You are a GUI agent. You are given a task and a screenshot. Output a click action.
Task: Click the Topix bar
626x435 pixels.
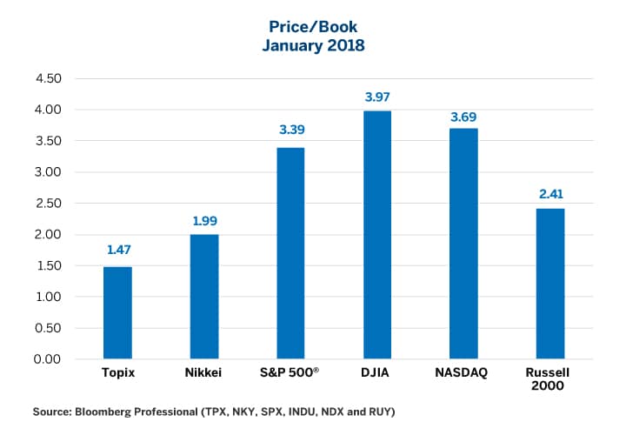click(x=117, y=313)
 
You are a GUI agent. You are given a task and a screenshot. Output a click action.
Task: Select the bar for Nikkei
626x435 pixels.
click(x=204, y=297)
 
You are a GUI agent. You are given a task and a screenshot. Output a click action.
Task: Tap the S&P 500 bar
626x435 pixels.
click(x=290, y=253)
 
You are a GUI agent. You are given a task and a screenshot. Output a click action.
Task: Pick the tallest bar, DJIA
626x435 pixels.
click(x=377, y=235)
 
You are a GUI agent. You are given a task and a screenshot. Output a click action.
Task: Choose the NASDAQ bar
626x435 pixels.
click(x=463, y=244)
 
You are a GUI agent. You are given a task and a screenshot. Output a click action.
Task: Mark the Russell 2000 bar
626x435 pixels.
click(x=550, y=284)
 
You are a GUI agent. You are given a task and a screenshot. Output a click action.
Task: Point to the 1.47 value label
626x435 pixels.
click(x=117, y=250)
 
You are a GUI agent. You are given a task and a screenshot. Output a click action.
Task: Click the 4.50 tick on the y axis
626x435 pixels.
click(x=48, y=78)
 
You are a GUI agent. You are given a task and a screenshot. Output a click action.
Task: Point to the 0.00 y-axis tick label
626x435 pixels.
click(x=48, y=359)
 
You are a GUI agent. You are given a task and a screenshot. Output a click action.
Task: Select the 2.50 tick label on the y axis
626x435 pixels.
click(x=48, y=204)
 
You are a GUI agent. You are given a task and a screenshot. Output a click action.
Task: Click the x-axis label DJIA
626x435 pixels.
click(x=377, y=373)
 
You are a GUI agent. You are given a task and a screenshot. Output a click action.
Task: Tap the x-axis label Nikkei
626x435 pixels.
click(x=204, y=373)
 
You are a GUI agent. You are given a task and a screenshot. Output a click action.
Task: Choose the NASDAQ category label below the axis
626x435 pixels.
click(x=463, y=373)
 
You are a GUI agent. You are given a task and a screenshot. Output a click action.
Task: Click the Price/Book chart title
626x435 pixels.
click(x=312, y=27)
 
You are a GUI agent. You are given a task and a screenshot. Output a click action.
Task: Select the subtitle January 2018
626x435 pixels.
click(x=312, y=45)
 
